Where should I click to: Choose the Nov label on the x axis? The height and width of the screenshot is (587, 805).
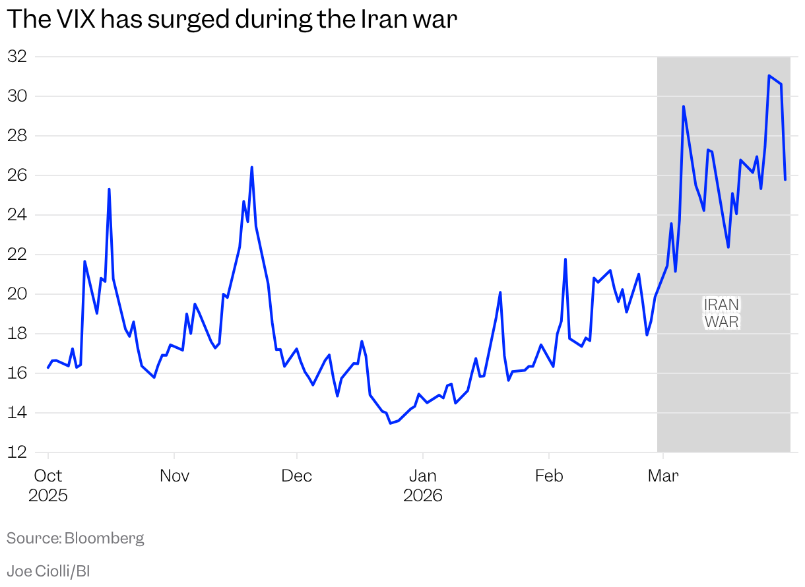pos(174,476)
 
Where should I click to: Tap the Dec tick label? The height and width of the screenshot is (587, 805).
pos(297,476)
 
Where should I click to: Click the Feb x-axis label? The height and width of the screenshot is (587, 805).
pos(549,476)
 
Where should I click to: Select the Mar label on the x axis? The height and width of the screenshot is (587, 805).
pos(663,476)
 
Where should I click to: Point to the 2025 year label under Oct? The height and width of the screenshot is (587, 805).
pos(48,495)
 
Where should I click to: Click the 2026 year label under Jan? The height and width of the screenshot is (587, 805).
pos(422,495)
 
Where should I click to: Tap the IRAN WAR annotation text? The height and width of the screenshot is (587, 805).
pos(722,313)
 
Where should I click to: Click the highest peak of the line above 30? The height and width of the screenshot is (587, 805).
pos(769,76)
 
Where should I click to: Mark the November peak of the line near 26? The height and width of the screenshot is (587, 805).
pos(251,168)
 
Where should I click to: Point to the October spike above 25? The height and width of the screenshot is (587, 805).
pos(109,189)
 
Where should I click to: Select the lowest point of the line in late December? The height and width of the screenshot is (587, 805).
pos(390,423)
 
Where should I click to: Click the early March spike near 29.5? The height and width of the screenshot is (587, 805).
pos(684,106)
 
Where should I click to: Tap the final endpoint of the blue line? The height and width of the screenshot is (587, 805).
pos(785,179)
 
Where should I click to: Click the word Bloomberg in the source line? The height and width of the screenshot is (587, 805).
pos(104,538)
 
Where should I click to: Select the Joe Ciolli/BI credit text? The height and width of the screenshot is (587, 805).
pos(48,571)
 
